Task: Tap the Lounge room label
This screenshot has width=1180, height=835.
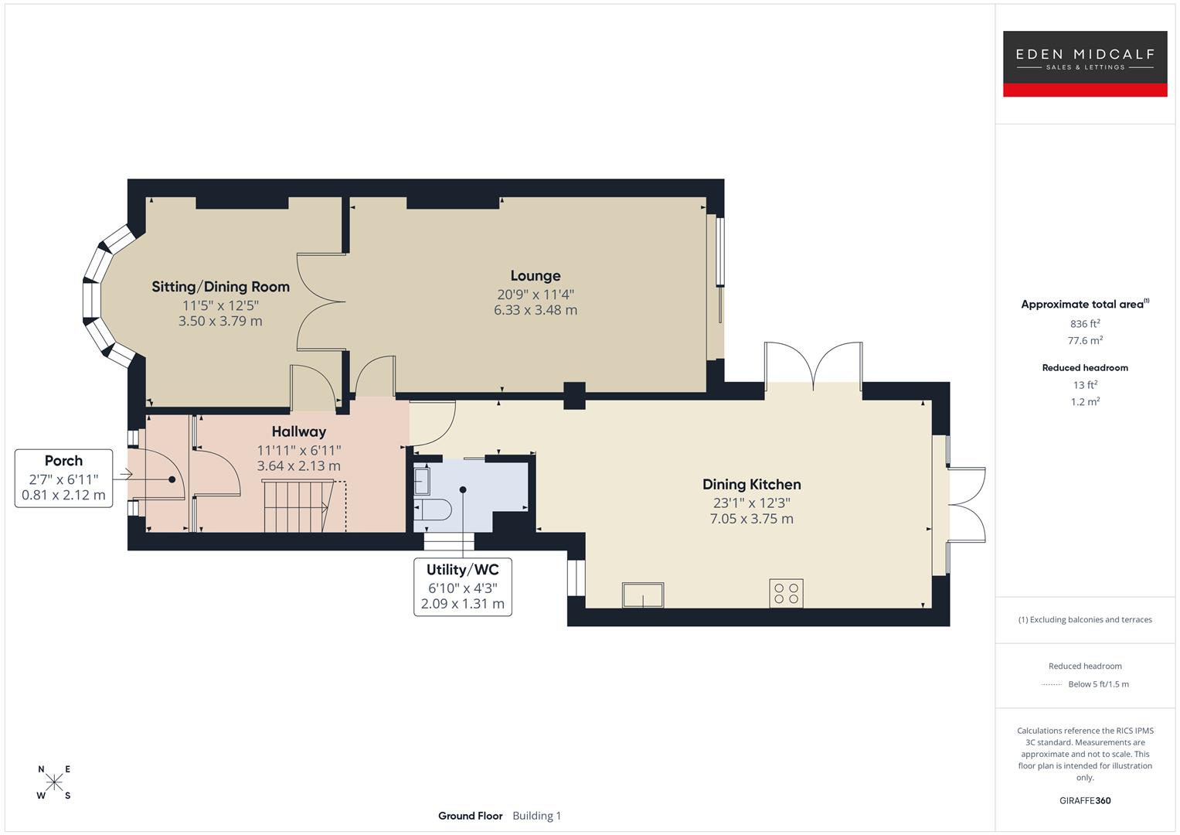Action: click(x=535, y=276)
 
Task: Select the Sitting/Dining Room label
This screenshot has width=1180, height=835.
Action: click(x=220, y=287)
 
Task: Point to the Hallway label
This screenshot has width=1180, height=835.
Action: click(x=298, y=432)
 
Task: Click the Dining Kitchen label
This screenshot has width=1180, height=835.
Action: click(x=751, y=485)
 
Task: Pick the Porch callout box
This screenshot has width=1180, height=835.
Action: click(x=63, y=478)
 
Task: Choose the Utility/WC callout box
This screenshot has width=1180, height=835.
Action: click(x=462, y=586)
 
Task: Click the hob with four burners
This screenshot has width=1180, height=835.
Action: click(x=786, y=593)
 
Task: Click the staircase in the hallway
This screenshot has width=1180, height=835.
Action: click(x=298, y=506)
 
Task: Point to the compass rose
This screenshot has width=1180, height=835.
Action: click(x=54, y=782)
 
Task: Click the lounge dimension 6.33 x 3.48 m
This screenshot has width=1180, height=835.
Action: click(x=535, y=310)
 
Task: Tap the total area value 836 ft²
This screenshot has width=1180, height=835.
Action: click(x=1084, y=324)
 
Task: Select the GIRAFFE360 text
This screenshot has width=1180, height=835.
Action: click(x=1084, y=800)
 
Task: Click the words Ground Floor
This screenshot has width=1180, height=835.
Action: click(x=470, y=816)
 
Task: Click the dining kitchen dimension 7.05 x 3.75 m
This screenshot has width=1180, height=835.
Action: click(x=751, y=519)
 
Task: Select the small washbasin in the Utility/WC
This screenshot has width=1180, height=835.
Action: click(x=422, y=481)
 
